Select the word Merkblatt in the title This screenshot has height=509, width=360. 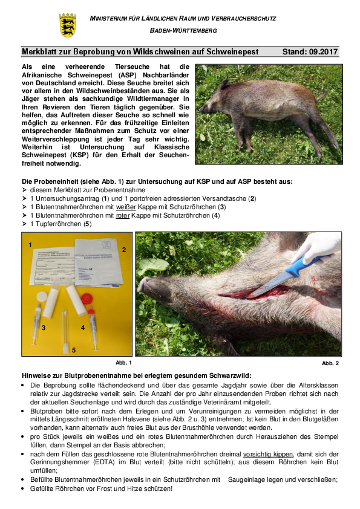(x=39, y=52)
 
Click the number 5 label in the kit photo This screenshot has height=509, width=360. (x=74, y=349)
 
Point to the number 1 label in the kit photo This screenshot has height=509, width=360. (x=30, y=245)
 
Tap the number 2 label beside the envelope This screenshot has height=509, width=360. (x=123, y=249)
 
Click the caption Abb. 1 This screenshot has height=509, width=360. (x=123, y=362)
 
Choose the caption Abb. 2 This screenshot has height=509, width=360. (x=330, y=363)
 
